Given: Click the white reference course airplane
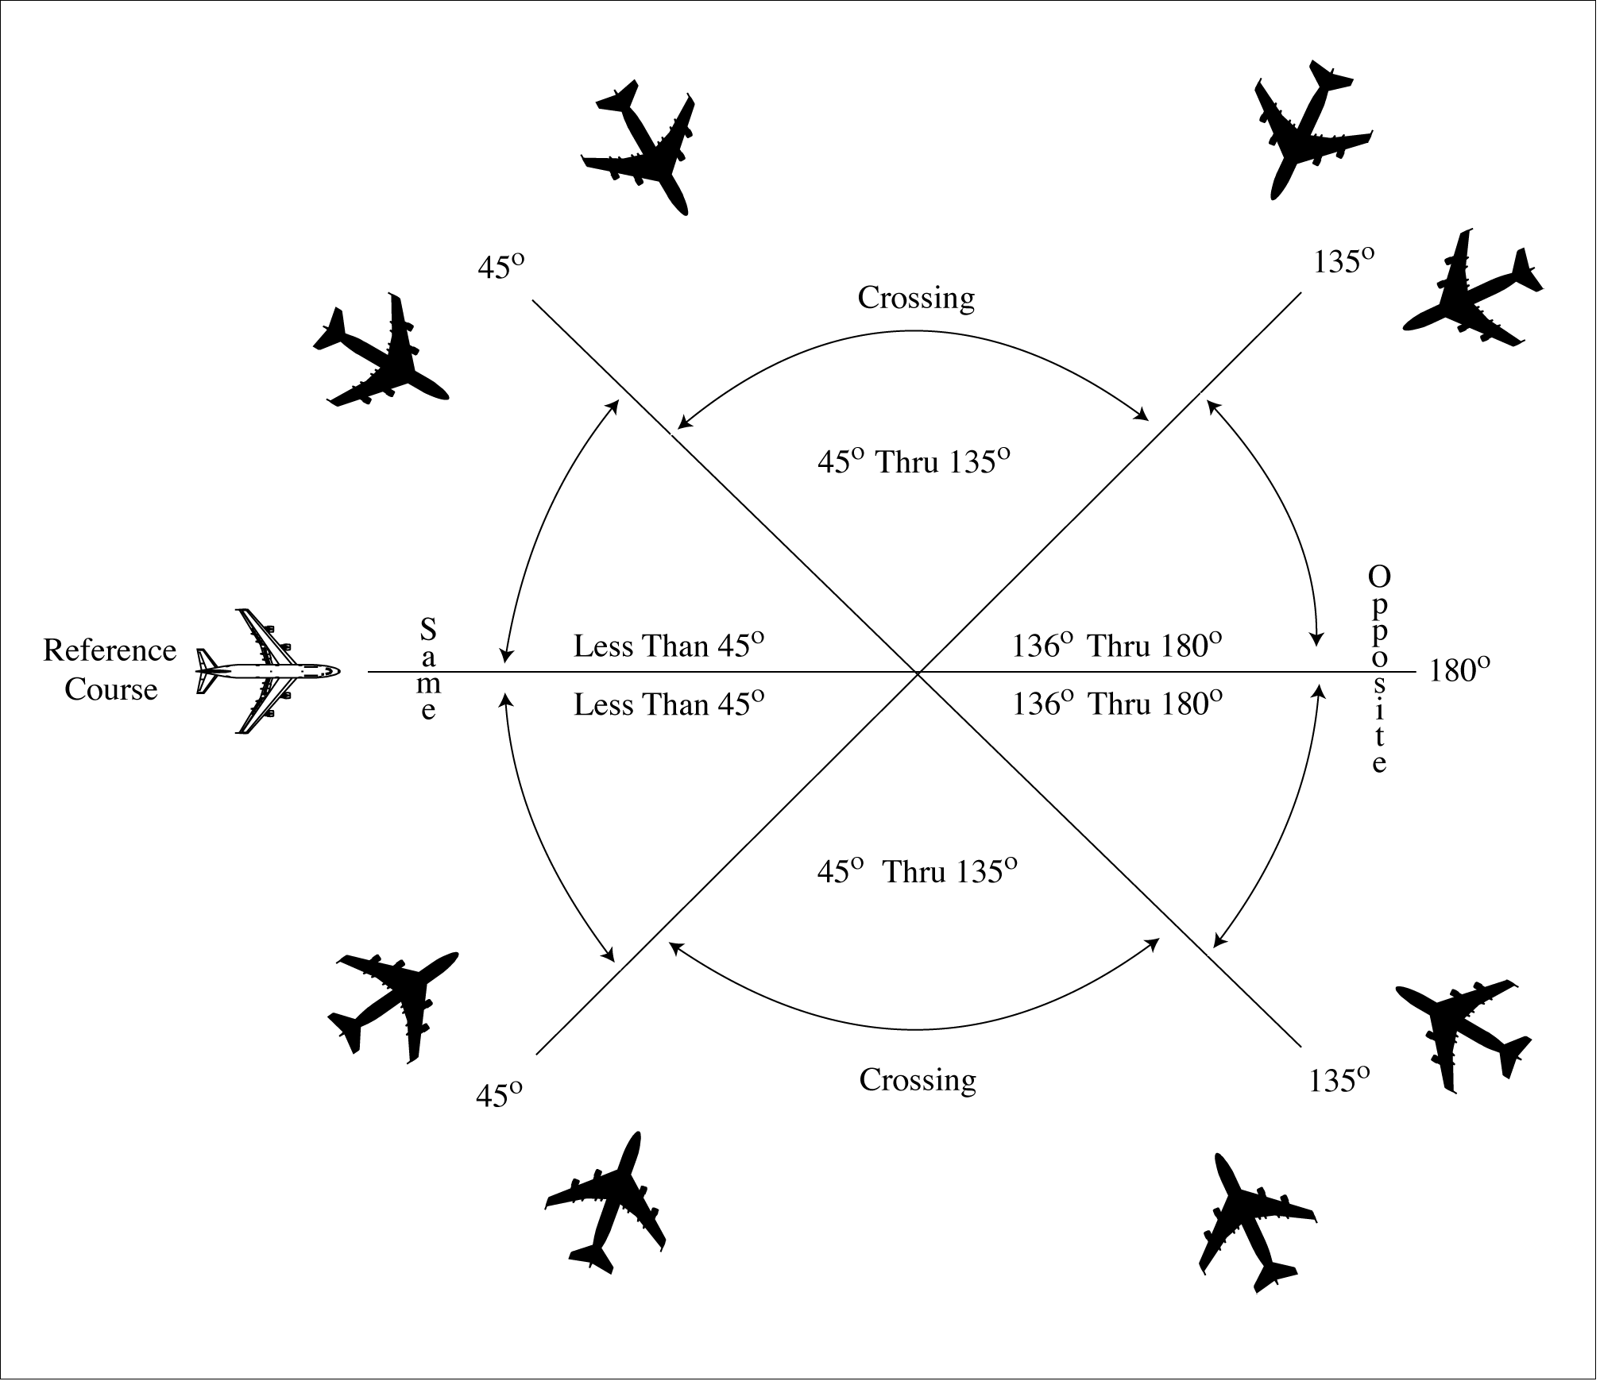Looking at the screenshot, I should click(x=268, y=672).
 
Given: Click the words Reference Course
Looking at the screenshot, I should click(x=110, y=670).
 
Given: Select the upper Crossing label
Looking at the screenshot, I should click(x=916, y=299).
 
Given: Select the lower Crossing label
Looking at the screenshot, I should click(x=918, y=1081).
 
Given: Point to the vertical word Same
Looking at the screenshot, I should click(x=428, y=669).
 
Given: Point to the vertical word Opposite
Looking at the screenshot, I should click(x=1379, y=669).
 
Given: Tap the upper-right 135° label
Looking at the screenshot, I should click(x=1343, y=260).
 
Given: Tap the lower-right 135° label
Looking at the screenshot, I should click(x=1339, y=1081).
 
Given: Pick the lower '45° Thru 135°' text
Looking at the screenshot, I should click(x=918, y=872).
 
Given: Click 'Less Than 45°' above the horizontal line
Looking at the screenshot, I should click(x=668, y=646).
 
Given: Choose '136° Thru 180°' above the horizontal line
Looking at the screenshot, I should click(x=1116, y=646).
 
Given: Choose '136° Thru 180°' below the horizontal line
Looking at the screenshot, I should click(x=1116, y=704).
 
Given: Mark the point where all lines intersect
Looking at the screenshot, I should click(x=918, y=673).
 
